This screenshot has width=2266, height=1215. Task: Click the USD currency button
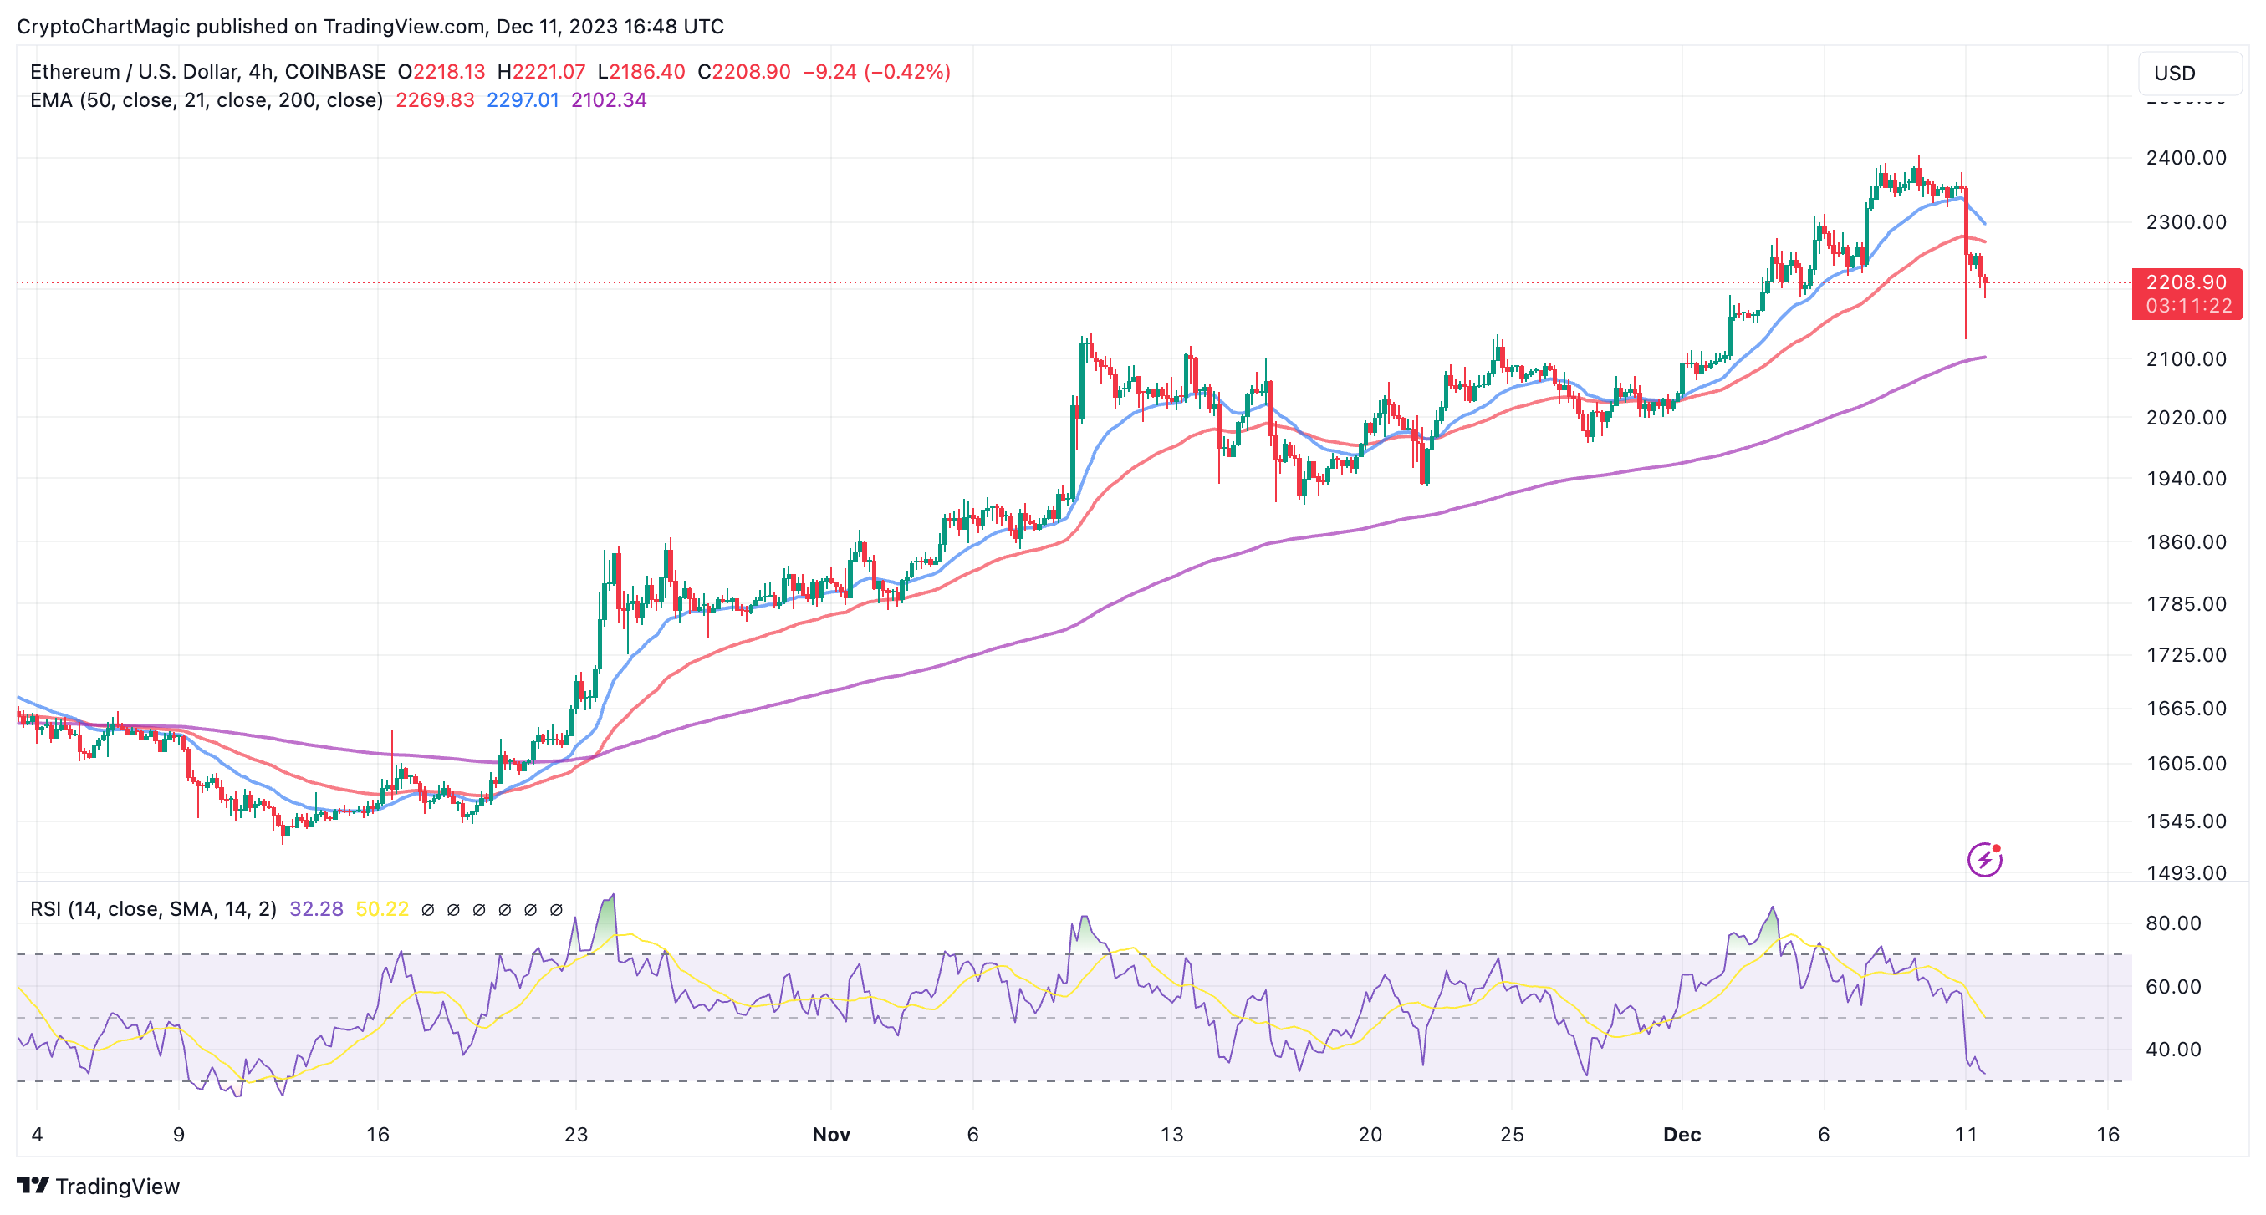[2188, 73]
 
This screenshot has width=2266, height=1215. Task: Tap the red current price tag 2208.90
[2186, 283]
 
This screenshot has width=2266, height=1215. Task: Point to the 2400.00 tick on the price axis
[2186, 158]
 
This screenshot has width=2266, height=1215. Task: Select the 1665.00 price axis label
[2186, 709]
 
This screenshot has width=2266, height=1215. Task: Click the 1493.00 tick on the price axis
[2186, 873]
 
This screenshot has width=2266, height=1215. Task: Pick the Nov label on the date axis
[831, 1135]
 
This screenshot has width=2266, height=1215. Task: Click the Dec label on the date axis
[1682, 1135]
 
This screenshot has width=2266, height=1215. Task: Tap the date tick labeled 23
[576, 1135]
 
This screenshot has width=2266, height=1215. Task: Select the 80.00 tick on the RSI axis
[2172, 923]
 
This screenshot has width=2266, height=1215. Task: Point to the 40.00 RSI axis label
[2172, 1050]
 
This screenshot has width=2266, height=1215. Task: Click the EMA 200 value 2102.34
[609, 100]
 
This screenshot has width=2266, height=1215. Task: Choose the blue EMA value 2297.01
[523, 100]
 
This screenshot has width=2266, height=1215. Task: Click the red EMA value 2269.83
[435, 100]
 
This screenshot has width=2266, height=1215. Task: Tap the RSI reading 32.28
[316, 909]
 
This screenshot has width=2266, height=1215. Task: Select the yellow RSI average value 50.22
[382, 909]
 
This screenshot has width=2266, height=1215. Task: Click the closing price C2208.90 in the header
[744, 72]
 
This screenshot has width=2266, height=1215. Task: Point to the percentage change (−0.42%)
[907, 72]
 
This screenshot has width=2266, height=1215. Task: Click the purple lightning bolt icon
[1984, 860]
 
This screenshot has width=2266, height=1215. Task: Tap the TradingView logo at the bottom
[99, 1187]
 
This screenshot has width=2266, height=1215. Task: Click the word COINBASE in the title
[335, 72]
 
